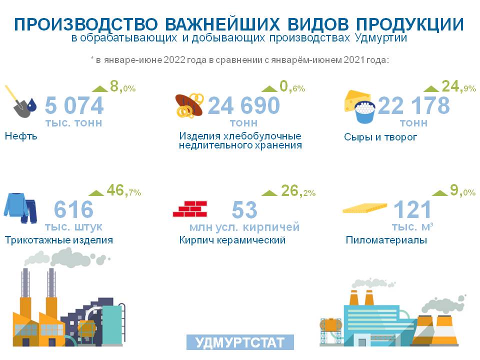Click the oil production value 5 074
[x=74, y=105]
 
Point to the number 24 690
[x=244, y=105]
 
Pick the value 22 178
[x=414, y=105]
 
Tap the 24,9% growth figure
[x=458, y=86]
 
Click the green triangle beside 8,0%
[x=100, y=89]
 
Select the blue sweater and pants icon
[x=20, y=208]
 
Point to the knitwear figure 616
[x=74, y=209]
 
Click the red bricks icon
[x=190, y=209]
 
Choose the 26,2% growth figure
[x=298, y=190]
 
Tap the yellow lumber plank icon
[x=364, y=208]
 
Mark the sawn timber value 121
[x=412, y=209]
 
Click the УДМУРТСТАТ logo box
[x=240, y=342]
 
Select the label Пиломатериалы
[x=386, y=240]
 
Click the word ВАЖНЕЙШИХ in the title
[x=222, y=24]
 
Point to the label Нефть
[x=21, y=136]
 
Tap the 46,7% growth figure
[x=123, y=190]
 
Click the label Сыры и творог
[x=380, y=137]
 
